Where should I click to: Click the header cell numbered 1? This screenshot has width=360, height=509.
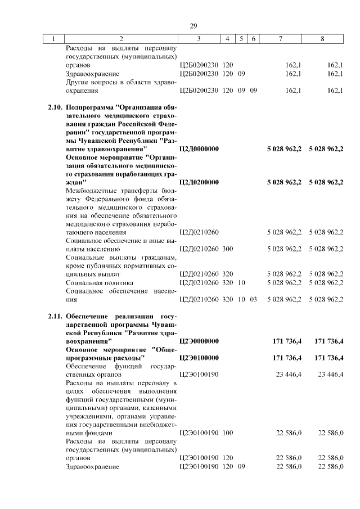point(53,39)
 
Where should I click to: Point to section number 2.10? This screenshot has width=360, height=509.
point(55,106)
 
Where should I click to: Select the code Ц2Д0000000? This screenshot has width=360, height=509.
point(199,148)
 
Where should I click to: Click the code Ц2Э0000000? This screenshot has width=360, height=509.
point(199,341)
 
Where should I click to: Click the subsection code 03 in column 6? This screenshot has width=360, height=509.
point(253,299)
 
